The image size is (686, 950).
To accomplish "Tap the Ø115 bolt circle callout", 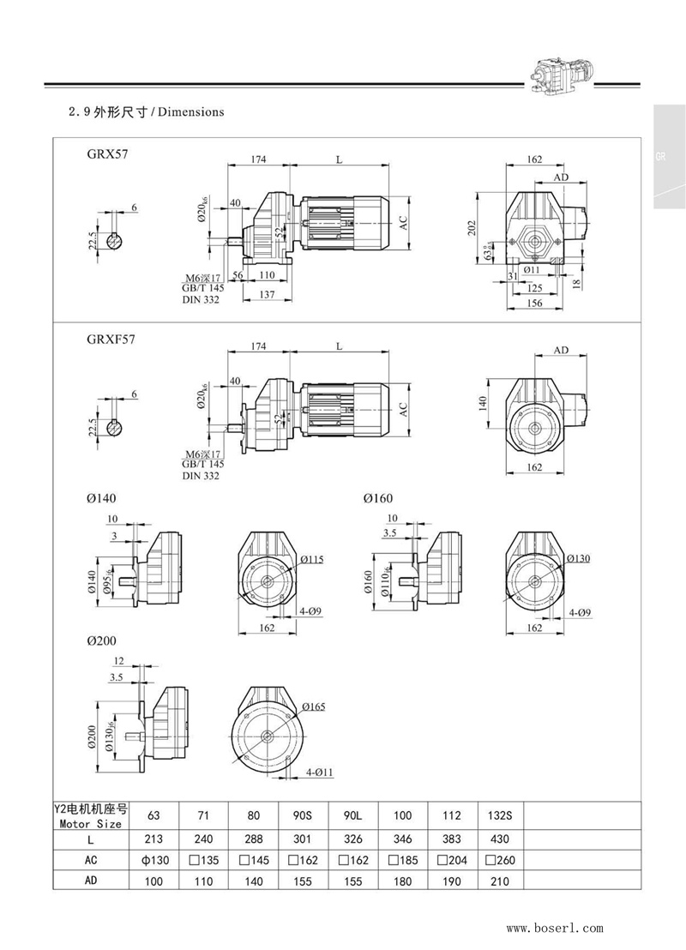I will point(312,559).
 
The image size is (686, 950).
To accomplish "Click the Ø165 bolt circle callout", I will point(314,706).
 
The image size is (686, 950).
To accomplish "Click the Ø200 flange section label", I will point(101,640).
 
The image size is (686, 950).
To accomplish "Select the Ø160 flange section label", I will point(378,497).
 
